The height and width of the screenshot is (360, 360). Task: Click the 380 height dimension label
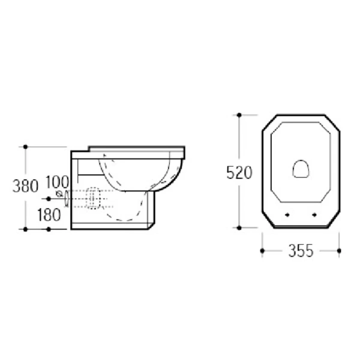tap(25, 186)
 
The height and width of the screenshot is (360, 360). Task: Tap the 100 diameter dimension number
tap(57, 182)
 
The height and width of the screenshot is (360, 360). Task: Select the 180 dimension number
tap(49, 215)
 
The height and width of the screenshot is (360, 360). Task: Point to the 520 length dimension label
tap(239, 173)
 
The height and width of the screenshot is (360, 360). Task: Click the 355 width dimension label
tap(301, 251)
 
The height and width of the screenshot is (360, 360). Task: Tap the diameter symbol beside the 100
tap(59, 194)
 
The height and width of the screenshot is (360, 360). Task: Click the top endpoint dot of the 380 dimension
tap(25, 147)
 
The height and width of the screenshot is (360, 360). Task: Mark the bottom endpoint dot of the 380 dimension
tap(25, 229)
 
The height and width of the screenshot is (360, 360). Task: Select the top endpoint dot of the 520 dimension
tap(239, 115)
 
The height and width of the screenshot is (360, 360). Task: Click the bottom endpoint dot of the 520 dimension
tap(239, 228)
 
